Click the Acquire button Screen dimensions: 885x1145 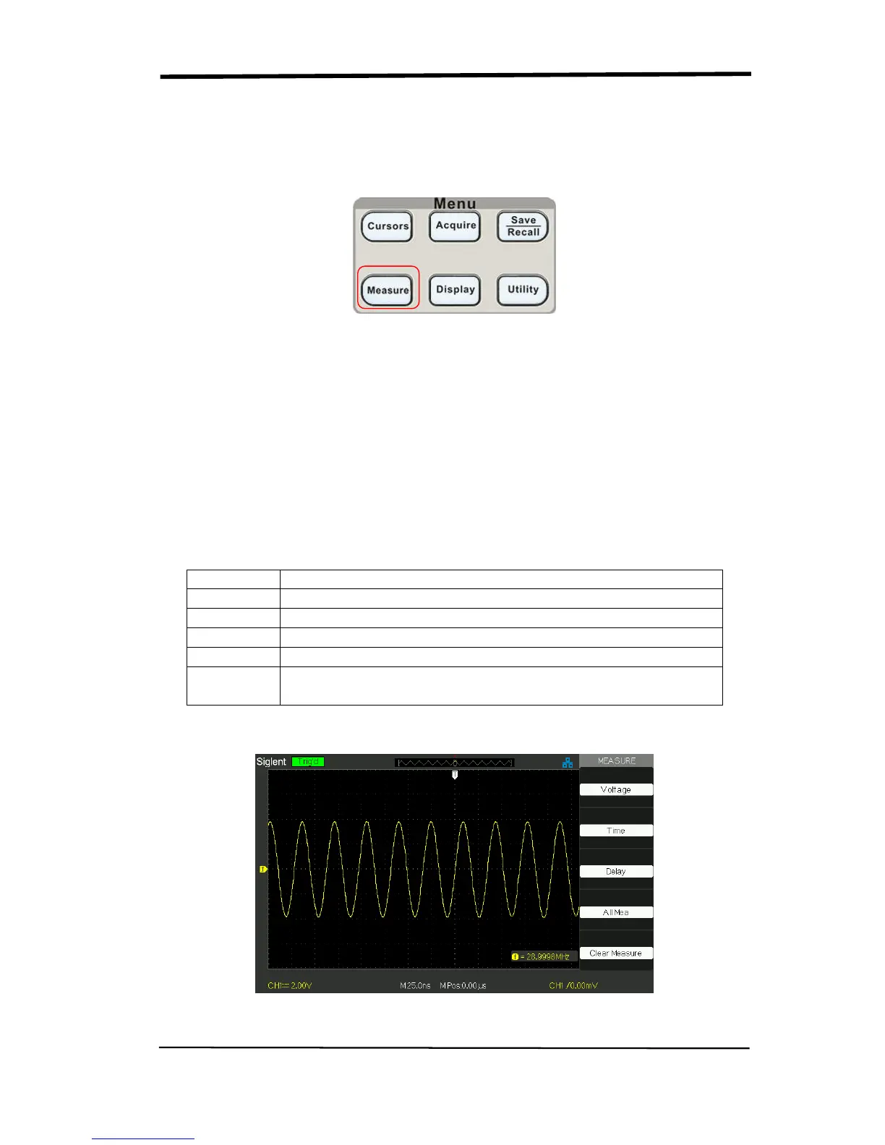[x=455, y=226]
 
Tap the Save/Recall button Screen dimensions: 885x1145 [x=523, y=226]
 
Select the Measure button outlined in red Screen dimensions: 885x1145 [x=388, y=290]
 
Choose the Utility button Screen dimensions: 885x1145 [x=523, y=290]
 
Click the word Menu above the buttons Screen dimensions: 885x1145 [x=455, y=204]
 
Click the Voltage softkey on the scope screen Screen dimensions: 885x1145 [x=616, y=789]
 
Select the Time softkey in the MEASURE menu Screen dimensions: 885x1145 [x=616, y=831]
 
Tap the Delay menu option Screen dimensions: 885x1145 [x=616, y=871]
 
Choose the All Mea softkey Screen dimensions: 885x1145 [x=616, y=912]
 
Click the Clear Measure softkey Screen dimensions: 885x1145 [x=616, y=953]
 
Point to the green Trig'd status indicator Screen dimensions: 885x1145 [x=308, y=761]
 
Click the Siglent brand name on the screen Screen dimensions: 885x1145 [x=271, y=762]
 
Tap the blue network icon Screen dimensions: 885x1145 [x=568, y=763]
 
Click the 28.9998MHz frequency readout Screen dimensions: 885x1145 [x=544, y=956]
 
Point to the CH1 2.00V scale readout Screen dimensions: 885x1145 [x=290, y=985]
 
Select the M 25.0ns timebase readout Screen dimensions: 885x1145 [x=415, y=985]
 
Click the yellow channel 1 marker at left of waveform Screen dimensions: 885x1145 [x=263, y=869]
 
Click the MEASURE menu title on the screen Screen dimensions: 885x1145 [x=617, y=760]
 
